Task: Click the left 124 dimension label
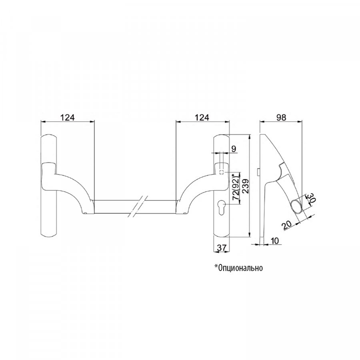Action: (x=67, y=117)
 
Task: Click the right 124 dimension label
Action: (x=202, y=117)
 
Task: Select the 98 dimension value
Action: (x=281, y=117)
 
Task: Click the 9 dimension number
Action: (x=233, y=149)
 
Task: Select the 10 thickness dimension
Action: (x=274, y=241)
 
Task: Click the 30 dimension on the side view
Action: (x=311, y=198)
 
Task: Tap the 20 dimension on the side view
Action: (x=287, y=225)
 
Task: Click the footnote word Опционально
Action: (x=241, y=268)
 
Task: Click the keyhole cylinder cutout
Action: (x=222, y=207)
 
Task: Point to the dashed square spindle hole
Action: (x=222, y=172)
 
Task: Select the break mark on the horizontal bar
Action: (x=138, y=206)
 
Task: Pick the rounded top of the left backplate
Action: (x=49, y=135)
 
